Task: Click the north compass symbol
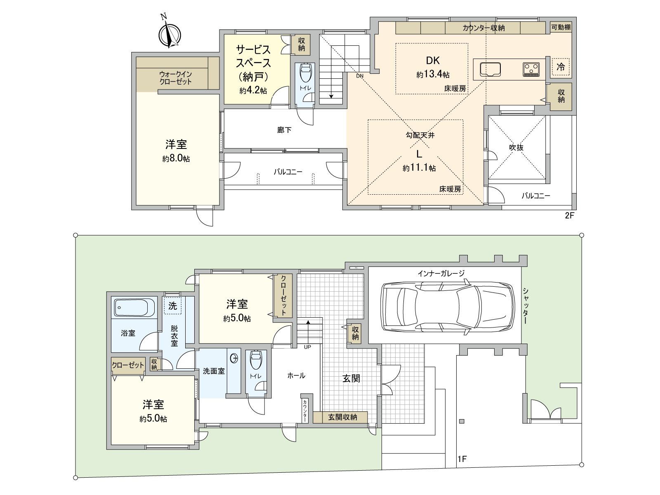(x=170, y=34)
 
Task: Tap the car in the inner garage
(x=448, y=307)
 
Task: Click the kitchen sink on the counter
(x=490, y=70)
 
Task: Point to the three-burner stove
(x=531, y=69)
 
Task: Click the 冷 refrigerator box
(x=561, y=67)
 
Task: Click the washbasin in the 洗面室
(x=235, y=358)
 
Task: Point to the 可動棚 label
(x=561, y=27)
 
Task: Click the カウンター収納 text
(x=483, y=28)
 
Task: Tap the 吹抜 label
(x=516, y=148)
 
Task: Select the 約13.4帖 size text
(x=433, y=74)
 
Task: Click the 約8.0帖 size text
(x=176, y=158)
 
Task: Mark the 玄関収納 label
(x=342, y=417)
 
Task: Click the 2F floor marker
(x=569, y=215)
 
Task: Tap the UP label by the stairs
(x=307, y=347)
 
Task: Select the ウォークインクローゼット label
(x=176, y=78)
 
